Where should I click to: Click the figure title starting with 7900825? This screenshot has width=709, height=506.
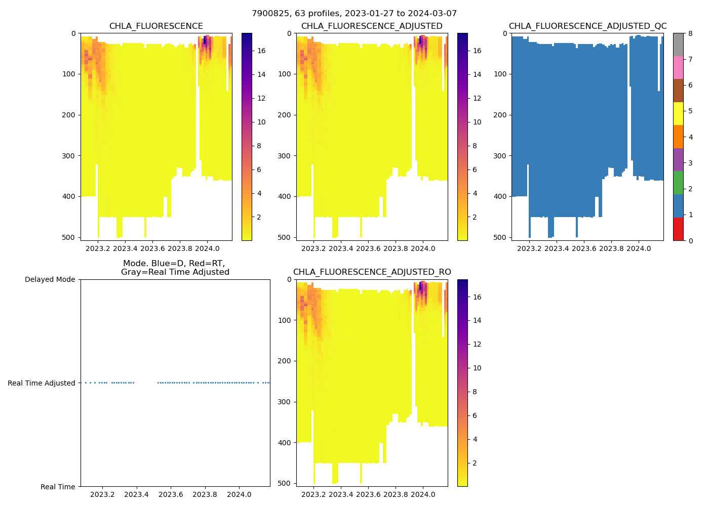tap(354, 14)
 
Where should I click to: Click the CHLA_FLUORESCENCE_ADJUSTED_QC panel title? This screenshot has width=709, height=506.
tap(587, 26)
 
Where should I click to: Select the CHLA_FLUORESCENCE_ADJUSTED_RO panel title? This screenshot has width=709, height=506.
tap(372, 272)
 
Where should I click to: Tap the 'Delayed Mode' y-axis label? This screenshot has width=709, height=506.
tap(50, 279)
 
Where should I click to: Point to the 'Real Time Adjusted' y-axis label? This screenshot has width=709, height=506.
tap(42, 383)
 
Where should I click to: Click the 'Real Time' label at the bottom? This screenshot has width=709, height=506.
tap(58, 487)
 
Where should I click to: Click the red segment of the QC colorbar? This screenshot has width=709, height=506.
tap(678, 229)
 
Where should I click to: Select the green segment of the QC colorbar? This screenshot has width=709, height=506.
tap(678, 183)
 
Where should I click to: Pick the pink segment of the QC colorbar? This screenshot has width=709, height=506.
tap(678, 67)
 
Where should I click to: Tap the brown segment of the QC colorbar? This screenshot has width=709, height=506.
tap(678, 91)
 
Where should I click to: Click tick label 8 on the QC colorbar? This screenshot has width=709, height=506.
tap(690, 33)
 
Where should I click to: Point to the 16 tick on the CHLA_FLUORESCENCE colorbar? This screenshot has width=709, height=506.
tap(261, 51)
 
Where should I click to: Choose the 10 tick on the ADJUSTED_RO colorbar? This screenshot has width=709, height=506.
tap(477, 368)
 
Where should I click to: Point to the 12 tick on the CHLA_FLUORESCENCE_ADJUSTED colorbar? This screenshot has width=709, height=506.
tap(477, 98)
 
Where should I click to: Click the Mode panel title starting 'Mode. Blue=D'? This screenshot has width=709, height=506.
tap(175, 268)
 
